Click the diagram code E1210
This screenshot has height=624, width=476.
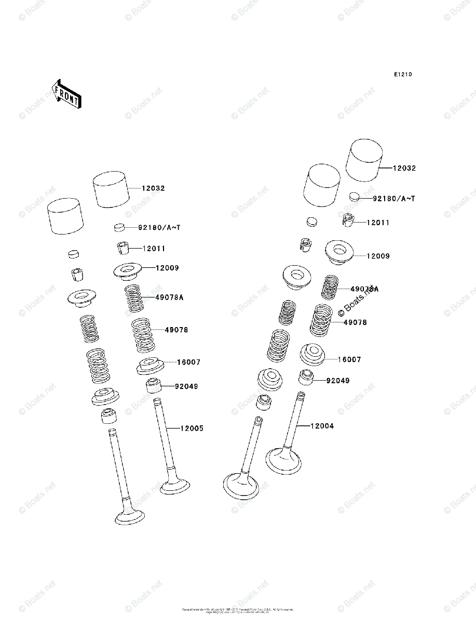(x=402, y=74)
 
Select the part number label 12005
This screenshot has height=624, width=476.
(x=192, y=428)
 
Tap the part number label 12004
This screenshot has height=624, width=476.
(x=322, y=426)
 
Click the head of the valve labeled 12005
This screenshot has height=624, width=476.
(x=175, y=487)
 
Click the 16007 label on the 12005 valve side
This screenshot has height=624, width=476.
(x=188, y=362)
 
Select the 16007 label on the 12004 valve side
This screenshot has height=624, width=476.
(x=349, y=359)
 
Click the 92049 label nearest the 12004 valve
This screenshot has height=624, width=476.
(x=337, y=381)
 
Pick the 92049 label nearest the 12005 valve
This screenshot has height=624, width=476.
(x=186, y=386)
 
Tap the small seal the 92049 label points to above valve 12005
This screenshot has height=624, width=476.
(x=154, y=387)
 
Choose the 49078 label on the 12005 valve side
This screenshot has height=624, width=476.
(x=176, y=330)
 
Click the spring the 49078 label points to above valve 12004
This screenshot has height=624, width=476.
(x=322, y=320)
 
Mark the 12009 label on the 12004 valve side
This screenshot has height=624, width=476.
(x=378, y=256)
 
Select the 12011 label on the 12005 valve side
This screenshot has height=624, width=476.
(x=154, y=249)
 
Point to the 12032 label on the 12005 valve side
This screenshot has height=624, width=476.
(x=153, y=188)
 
